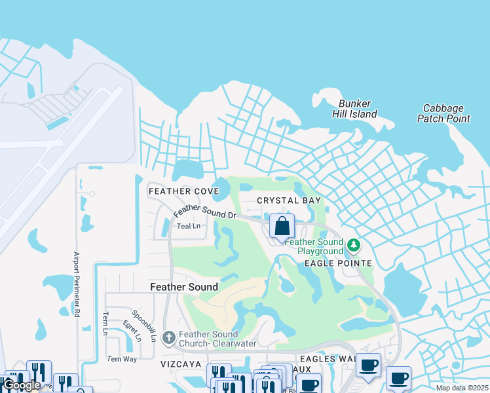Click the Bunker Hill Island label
[358, 109]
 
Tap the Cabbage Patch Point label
[443, 113]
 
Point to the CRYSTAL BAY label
[289, 200]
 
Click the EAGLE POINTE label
[338, 263]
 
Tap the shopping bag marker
[282, 227]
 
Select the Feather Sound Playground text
[311, 246]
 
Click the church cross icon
[168, 337]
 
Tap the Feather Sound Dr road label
[204, 211]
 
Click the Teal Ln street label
[188, 226]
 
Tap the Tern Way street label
[122, 359]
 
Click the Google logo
[22, 386]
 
